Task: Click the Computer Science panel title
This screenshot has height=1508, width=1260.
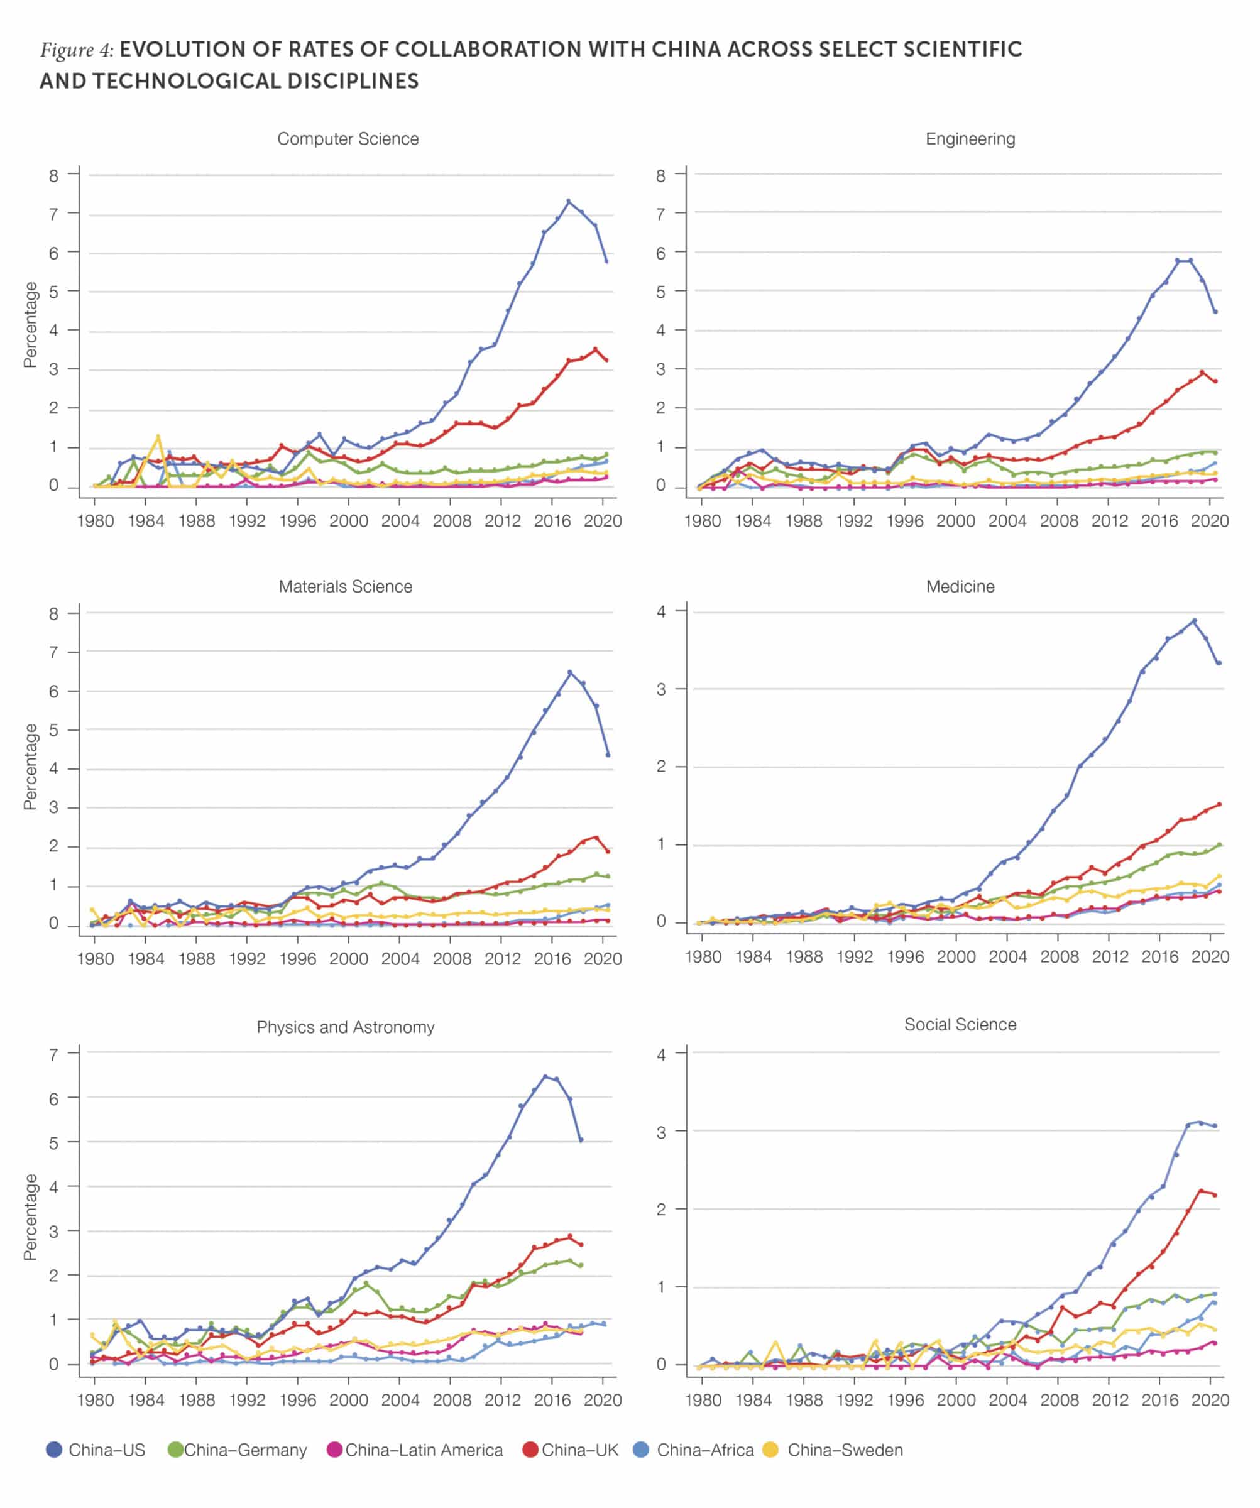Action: click(348, 139)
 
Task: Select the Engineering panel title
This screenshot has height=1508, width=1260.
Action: click(970, 139)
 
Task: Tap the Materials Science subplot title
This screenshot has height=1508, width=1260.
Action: click(346, 586)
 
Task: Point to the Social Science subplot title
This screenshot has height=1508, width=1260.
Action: click(960, 1024)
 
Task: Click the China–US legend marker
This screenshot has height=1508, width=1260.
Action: click(54, 1450)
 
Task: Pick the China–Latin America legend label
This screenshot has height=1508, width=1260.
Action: click(424, 1450)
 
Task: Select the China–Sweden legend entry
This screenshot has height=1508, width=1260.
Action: click(845, 1450)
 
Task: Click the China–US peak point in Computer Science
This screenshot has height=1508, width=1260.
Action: click(568, 201)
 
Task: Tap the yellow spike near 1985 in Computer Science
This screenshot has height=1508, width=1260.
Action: click(158, 437)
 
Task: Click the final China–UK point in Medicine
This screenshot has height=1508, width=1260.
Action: click(1219, 804)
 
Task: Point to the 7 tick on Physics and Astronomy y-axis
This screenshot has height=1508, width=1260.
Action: click(54, 1055)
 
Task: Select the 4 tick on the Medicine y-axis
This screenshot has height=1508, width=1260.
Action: click(661, 612)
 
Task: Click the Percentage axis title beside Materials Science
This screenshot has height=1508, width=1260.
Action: click(30, 767)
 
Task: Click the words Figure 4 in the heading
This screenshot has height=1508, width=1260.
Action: click(76, 50)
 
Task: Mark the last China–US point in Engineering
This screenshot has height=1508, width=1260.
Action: click(1215, 312)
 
